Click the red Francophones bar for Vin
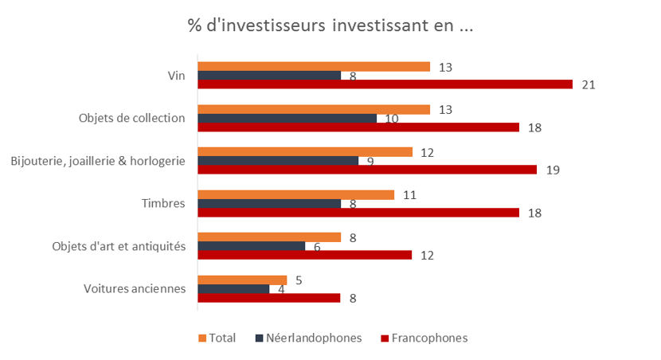click(x=385, y=84)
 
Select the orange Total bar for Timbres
click(x=296, y=195)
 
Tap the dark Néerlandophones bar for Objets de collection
click(x=287, y=119)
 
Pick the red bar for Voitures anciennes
click(x=269, y=298)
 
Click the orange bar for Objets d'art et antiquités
click(x=269, y=237)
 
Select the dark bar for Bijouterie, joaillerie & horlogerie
click(x=278, y=161)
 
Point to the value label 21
click(x=589, y=85)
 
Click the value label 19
click(x=553, y=170)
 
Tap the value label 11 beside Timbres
click(x=410, y=195)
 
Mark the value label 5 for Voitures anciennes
click(x=299, y=280)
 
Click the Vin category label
click(x=177, y=76)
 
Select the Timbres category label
click(x=163, y=204)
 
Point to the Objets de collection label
click(x=132, y=118)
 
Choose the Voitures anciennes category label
click(x=135, y=289)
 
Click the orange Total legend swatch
click(x=202, y=338)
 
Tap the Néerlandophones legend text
click(x=314, y=338)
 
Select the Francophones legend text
click(x=429, y=338)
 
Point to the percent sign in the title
click(x=195, y=25)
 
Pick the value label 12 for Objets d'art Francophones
click(x=427, y=256)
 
